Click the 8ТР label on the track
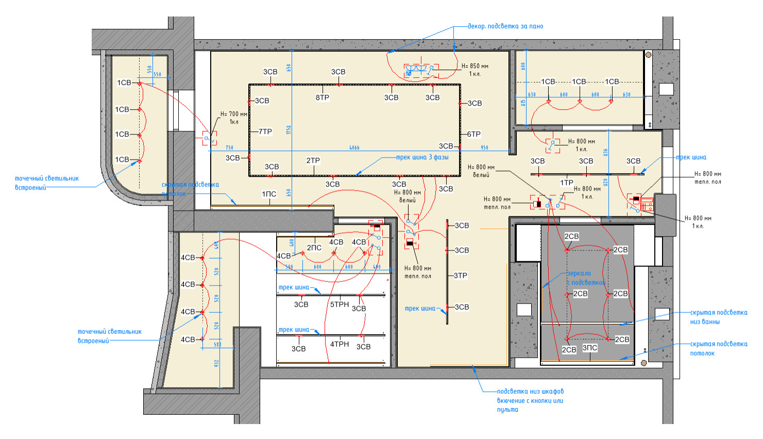[323, 97]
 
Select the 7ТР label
[265, 132]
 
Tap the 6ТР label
[474, 134]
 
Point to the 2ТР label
[313, 161]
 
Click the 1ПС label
[269, 194]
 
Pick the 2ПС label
[314, 248]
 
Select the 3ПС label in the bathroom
[590, 348]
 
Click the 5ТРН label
[340, 305]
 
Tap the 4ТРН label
[340, 344]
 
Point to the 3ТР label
[461, 276]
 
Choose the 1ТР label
[567, 183]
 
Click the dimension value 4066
[354, 148]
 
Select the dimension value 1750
[289, 130]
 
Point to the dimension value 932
[217, 363]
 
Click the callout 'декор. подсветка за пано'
[505, 26]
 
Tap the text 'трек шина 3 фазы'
[422, 158]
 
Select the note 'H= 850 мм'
[474, 66]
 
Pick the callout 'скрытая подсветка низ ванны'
[718, 317]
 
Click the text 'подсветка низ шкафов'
[530, 392]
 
